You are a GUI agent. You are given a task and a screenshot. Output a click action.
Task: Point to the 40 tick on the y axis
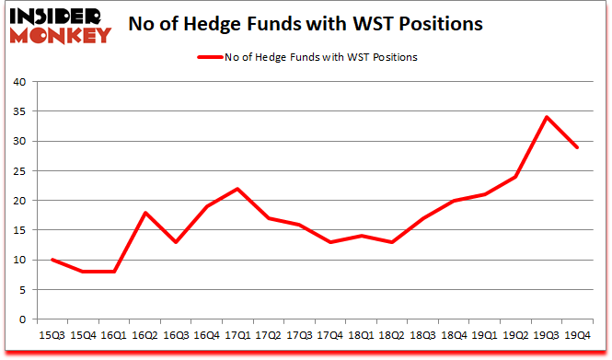click(x=19, y=82)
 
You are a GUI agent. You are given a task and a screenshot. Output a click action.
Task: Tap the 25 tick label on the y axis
click(x=19, y=171)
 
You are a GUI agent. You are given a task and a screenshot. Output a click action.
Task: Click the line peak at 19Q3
click(x=547, y=117)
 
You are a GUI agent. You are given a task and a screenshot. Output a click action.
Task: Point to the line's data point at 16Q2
click(x=144, y=213)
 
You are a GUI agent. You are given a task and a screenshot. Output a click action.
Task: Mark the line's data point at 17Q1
click(x=237, y=189)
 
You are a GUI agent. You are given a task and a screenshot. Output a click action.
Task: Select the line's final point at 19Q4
click(x=578, y=147)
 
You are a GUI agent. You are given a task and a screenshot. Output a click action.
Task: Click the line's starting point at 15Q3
click(x=52, y=260)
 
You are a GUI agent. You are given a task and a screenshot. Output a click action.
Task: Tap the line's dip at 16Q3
click(x=176, y=242)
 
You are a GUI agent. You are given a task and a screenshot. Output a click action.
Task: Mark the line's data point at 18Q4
click(x=454, y=201)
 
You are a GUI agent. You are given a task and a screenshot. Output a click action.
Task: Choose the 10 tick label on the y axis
click(x=19, y=260)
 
